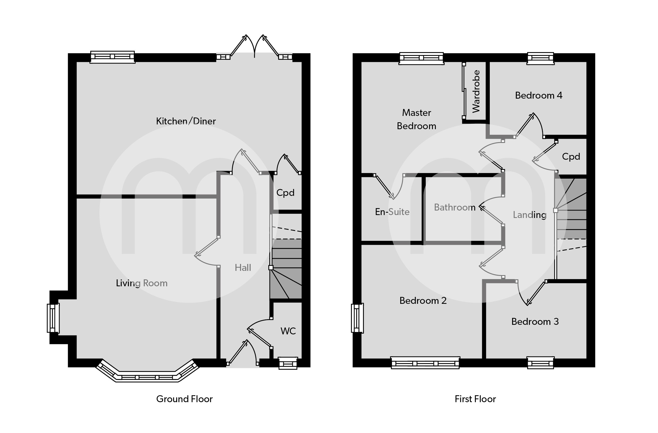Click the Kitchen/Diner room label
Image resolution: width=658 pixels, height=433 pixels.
[x=186, y=121]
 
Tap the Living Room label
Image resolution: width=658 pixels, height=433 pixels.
[x=142, y=283]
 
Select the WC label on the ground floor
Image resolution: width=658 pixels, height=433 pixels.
[x=288, y=331]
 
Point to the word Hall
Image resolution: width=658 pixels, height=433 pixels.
[x=243, y=268]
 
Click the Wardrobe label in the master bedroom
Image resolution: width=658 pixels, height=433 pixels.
[x=476, y=91]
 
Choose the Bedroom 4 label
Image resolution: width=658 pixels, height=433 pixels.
[x=539, y=95]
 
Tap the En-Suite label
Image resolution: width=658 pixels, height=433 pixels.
[x=392, y=212]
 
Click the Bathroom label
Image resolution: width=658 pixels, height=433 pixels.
[x=454, y=207]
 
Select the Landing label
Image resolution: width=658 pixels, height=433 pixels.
[x=529, y=215]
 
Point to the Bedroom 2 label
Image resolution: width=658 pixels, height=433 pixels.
[x=423, y=301]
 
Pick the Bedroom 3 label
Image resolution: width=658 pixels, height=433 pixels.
[x=535, y=322]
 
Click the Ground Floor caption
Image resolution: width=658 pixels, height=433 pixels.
[x=184, y=399]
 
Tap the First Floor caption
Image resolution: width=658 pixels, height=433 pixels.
[x=475, y=399]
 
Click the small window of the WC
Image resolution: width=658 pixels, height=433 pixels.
[x=288, y=363]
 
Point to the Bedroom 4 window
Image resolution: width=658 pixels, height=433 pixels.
[x=541, y=58]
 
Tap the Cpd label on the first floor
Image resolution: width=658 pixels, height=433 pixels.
[x=571, y=157]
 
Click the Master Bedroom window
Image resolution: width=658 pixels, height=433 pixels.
[x=421, y=58]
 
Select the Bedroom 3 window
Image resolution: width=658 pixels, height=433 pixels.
[x=541, y=363]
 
